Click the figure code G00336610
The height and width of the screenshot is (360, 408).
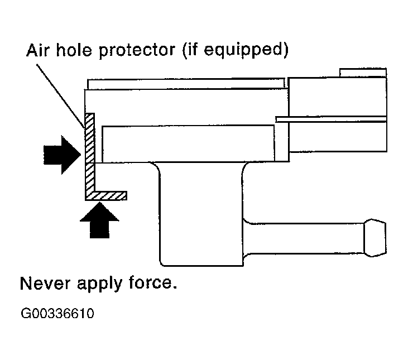[x=57, y=314]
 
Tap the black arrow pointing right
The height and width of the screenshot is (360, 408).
[x=61, y=152]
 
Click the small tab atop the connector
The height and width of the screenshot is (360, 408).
[x=362, y=73]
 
